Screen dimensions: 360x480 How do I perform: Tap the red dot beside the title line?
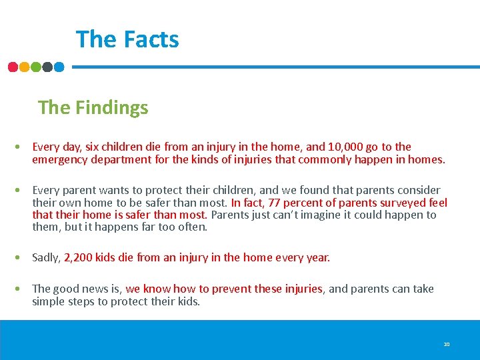point(13,67)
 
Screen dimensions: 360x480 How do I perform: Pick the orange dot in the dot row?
point(24,67)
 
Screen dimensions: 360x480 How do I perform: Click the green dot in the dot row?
point(36,67)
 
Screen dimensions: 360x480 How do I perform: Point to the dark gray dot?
point(47,67)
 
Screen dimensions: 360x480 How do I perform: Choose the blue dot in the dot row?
point(59,67)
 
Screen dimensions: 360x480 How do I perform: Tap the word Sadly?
point(46,257)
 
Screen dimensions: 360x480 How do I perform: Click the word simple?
point(49,301)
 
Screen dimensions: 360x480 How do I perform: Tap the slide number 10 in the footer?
point(447,344)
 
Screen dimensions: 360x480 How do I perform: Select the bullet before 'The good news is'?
point(23,289)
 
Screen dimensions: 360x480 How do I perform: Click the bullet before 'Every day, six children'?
point(23,147)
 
